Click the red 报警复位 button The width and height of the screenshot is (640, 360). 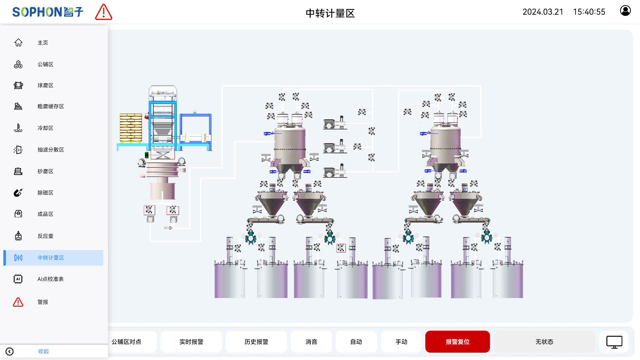(457, 342)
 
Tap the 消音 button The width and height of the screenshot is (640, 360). (311, 342)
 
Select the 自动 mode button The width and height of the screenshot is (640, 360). (356, 342)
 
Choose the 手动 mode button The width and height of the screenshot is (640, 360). (401, 342)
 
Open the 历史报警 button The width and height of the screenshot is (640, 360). (256, 342)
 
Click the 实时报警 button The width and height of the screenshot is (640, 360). (191, 342)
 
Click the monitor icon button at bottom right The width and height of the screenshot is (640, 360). (614, 342)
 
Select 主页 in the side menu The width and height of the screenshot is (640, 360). (43, 43)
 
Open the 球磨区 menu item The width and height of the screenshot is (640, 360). (45, 85)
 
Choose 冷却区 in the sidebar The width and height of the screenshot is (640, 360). (45, 128)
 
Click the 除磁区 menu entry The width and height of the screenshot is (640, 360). (45, 193)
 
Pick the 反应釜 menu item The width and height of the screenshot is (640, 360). (45, 236)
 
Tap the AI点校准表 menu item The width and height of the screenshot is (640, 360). (50, 279)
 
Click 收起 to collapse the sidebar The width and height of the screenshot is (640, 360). (43, 351)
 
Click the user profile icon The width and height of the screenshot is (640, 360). (625, 11)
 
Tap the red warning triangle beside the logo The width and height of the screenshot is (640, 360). (104, 12)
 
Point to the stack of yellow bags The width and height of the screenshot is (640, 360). (131, 128)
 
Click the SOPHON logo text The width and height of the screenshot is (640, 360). (47, 12)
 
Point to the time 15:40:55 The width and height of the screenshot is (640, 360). (589, 12)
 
